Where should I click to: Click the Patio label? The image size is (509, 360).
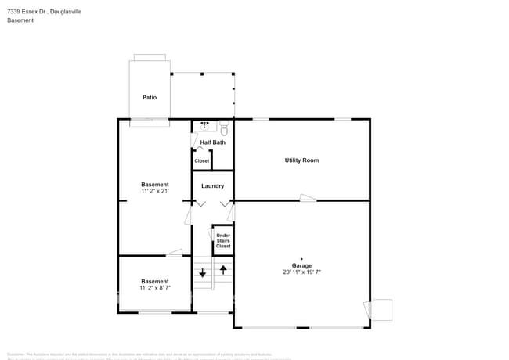point(149,98)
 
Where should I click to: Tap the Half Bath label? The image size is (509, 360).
point(212,142)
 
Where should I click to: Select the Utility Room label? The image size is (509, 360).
point(301,160)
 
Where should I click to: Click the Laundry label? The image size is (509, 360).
point(212,186)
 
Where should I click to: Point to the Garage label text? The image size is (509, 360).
point(301,265)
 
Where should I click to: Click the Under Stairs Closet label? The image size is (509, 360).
point(223,240)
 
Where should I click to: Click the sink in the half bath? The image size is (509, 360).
point(205,125)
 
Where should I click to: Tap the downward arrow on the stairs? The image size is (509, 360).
point(202,272)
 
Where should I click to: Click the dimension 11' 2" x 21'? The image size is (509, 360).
point(154,191)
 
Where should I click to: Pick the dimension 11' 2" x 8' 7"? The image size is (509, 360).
point(154,288)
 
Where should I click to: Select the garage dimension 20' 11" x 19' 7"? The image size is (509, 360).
point(301,272)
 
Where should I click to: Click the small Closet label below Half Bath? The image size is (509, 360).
point(202,160)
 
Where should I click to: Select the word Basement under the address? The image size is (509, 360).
point(20,20)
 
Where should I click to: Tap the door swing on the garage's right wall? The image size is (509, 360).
point(381,310)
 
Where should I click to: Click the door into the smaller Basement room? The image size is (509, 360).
point(174,253)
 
